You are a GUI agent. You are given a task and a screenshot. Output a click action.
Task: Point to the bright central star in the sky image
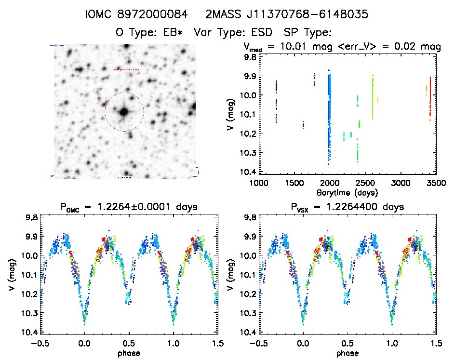point(124,112)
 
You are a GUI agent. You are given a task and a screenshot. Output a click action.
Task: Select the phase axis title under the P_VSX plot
point(347,352)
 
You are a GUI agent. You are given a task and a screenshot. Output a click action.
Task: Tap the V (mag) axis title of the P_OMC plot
point(11,274)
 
